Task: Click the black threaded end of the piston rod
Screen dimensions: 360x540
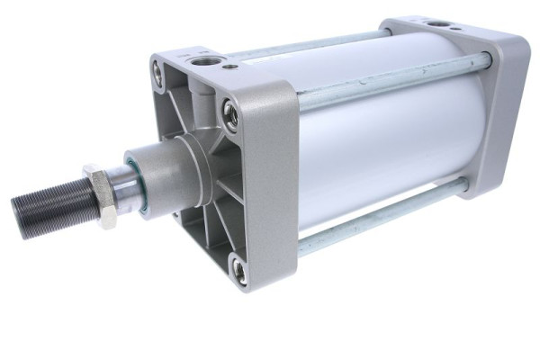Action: (x=49, y=205)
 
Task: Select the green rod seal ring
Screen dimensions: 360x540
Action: (x=138, y=184)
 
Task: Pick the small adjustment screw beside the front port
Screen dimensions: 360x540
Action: (x=233, y=66)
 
